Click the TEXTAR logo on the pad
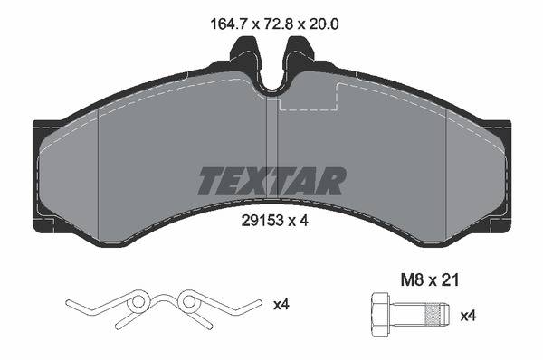click(271, 181)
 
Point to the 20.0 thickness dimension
click(323, 24)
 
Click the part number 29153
click(262, 220)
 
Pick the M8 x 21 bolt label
click(430, 279)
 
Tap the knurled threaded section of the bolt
click(435, 314)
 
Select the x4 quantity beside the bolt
click(468, 316)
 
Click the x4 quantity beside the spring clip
click(281, 305)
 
